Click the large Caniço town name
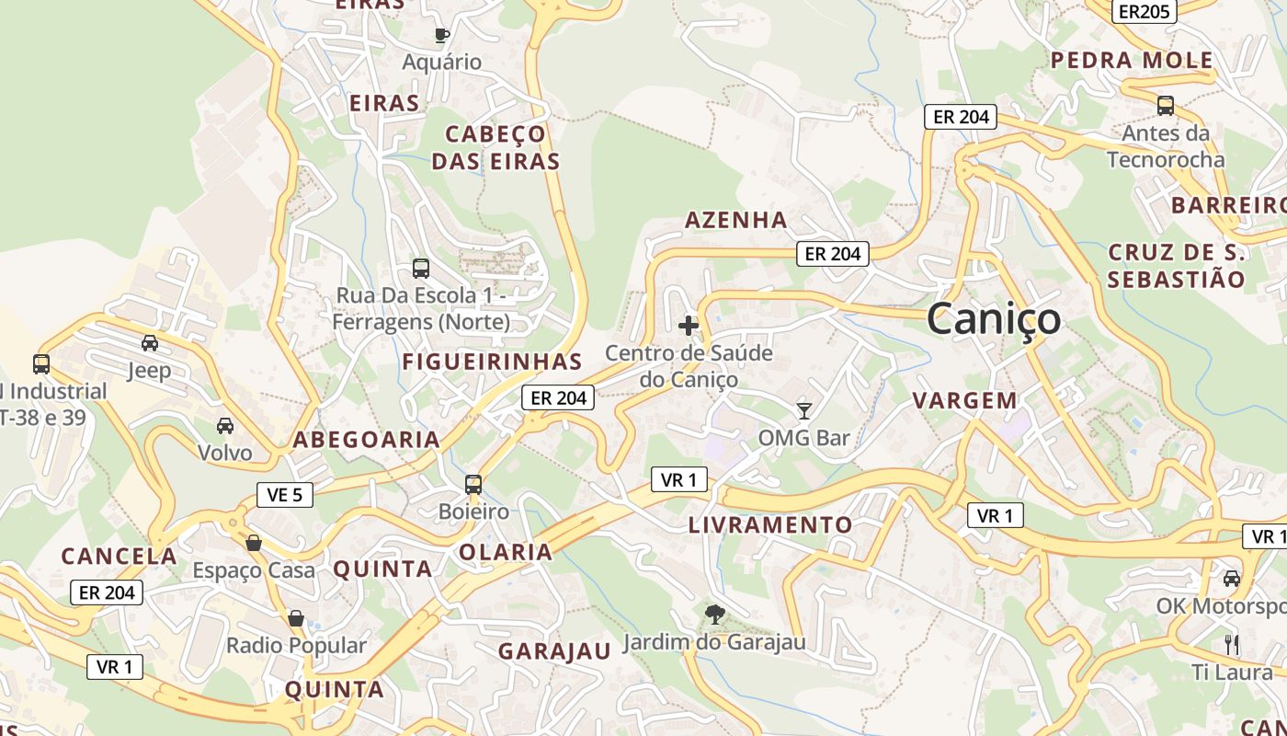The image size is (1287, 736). tap(994, 319)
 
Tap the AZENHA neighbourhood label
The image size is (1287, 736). tap(736, 220)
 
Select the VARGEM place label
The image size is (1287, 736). tap(965, 400)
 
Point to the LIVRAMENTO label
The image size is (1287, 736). tap(770, 525)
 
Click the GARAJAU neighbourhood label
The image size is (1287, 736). tap(554, 651)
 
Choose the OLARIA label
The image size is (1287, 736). tap(506, 552)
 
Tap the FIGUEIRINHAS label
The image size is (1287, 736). tap(493, 362)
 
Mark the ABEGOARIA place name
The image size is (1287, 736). tap(367, 440)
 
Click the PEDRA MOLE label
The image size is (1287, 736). tap(1132, 61)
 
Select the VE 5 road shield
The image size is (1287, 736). tap(285, 495)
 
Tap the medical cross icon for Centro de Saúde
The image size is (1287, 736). tap(689, 325)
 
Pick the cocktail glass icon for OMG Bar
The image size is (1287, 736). tap(804, 410)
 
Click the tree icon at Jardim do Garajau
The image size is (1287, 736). tap(714, 615)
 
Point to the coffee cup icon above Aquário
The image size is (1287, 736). tap(442, 35)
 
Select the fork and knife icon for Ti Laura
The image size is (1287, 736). tap(1232, 644)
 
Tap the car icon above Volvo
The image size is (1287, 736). tap(225, 425)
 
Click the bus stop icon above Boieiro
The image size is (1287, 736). tap(473, 484)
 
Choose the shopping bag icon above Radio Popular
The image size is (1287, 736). tap(296, 618)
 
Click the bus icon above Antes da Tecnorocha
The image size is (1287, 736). tap(1166, 106)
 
